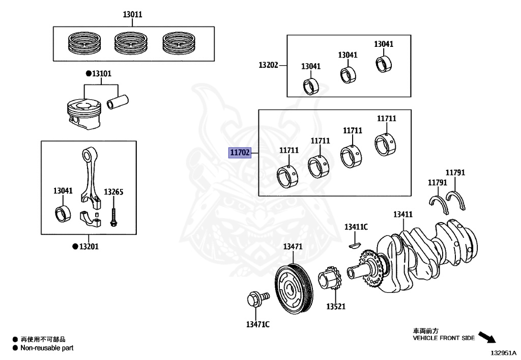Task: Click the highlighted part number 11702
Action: [x=240, y=153]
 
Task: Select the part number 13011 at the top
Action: [x=132, y=15]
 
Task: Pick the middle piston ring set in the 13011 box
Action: [x=131, y=43]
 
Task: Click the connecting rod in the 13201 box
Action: [x=92, y=183]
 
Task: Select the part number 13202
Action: [x=268, y=65]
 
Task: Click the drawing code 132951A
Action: [x=503, y=352]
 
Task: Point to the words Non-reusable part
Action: [x=47, y=348]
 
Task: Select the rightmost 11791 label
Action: [x=455, y=173]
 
